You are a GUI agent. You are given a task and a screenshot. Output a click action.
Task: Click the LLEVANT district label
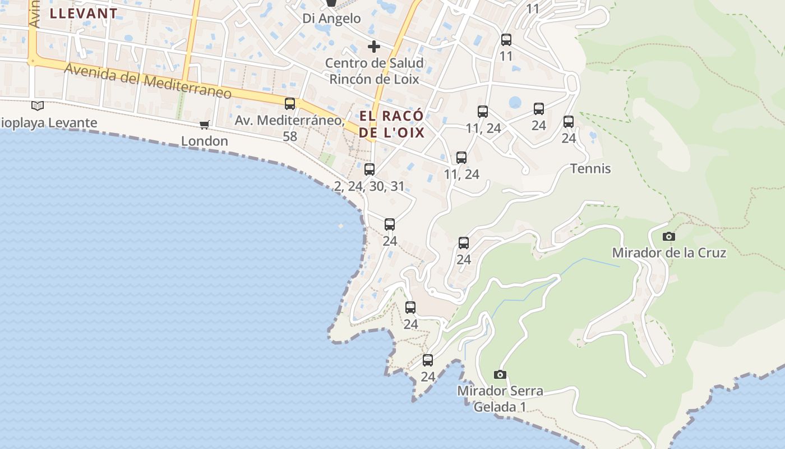(x=84, y=13)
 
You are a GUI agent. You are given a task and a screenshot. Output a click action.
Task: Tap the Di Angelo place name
(x=331, y=19)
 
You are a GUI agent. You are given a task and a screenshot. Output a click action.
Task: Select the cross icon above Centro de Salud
(x=373, y=47)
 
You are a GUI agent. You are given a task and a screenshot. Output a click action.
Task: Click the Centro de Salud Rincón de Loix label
(x=374, y=71)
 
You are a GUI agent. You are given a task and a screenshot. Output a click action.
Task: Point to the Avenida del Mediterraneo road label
(x=148, y=81)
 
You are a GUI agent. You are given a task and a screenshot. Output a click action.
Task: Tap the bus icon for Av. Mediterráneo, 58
(x=290, y=103)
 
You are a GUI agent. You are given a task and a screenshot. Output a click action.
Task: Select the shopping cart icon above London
(x=204, y=125)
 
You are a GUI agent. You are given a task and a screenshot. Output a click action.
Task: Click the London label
(x=204, y=141)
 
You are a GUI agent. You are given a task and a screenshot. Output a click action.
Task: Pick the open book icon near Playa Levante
(x=38, y=106)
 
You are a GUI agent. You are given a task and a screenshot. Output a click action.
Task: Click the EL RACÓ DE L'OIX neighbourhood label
(x=391, y=124)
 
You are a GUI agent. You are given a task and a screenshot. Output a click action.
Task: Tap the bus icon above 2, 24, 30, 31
(x=370, y=169)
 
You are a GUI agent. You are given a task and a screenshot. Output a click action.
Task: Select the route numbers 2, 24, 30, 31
(x=370, y=186)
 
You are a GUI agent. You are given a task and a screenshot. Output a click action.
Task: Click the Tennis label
(x=590, y=168)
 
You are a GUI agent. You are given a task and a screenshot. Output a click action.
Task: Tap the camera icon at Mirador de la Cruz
(x=668, y=236)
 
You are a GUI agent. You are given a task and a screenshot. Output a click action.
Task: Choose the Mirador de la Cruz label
(x=669, y=253)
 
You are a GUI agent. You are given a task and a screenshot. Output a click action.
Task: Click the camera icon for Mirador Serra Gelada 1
(x=500, y=374)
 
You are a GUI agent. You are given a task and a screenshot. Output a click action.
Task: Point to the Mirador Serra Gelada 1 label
(x=500, y=398)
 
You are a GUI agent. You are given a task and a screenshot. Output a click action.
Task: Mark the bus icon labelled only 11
(x=506, y=39)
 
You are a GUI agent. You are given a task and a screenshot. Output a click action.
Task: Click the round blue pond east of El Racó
(x=515, y=103)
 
